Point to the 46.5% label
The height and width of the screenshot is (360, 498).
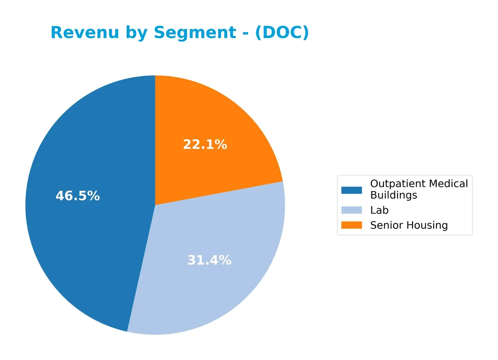pos(78,196)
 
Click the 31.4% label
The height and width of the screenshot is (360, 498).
pos(209,260)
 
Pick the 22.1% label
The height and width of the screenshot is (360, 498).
pos(205,145)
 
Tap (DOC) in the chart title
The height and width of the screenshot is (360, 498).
pos(282,33)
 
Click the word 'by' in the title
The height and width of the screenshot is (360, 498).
pos(137,33)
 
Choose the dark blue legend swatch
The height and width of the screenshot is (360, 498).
pos(352,190)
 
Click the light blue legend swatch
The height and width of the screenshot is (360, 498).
pos(352,211)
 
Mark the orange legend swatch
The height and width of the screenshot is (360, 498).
pos(352,225)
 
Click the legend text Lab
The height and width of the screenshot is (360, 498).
pos(379,211)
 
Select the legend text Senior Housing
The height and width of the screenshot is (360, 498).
pos(409,225)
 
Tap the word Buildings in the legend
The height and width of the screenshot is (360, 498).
pos(393,195)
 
